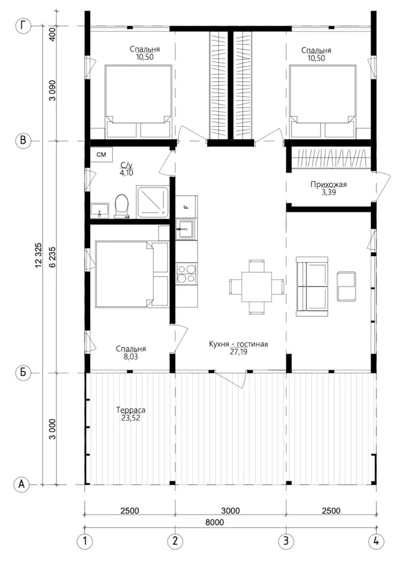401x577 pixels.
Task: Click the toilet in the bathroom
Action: (122, 206)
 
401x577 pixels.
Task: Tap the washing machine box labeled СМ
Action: (101, 154)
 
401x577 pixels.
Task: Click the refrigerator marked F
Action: (186, 206)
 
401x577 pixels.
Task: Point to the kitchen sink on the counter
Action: (186, 229)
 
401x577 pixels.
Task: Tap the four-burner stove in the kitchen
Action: (186, 274)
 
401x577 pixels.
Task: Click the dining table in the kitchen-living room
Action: (256, 287)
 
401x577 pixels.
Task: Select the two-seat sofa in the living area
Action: (312, 286)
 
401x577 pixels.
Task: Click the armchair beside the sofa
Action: (347, 286)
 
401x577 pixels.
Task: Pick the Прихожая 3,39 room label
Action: (328, 188)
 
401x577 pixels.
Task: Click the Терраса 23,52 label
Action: (131, 414)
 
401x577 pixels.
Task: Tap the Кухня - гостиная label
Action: (238, 345)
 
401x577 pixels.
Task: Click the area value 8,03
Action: (131, 356)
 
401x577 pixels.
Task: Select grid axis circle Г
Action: (23, 26)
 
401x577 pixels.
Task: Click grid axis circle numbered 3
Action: (286, 541)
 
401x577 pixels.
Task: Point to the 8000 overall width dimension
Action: (215, 523)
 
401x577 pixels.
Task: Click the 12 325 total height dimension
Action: (39, 255)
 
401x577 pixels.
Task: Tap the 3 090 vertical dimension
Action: (52, 90)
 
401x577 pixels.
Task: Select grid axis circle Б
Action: (23, 373)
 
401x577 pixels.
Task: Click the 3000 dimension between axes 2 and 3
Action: (231, 511)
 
